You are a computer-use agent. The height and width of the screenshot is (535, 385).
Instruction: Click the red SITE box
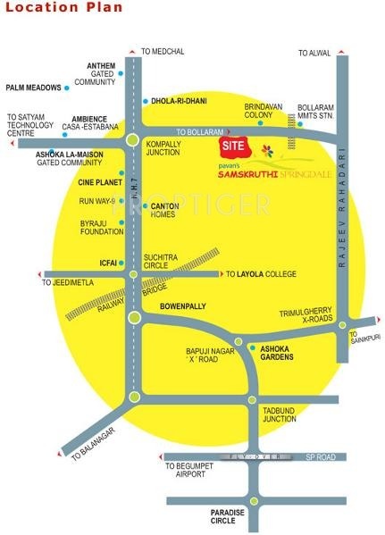[233, 144]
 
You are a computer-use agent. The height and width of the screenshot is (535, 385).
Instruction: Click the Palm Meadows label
[33, 88]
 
